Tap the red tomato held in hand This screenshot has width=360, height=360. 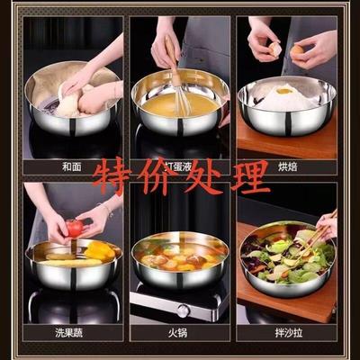click(x=75, y=228)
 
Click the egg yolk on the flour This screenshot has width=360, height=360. click(x=283, y=91)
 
